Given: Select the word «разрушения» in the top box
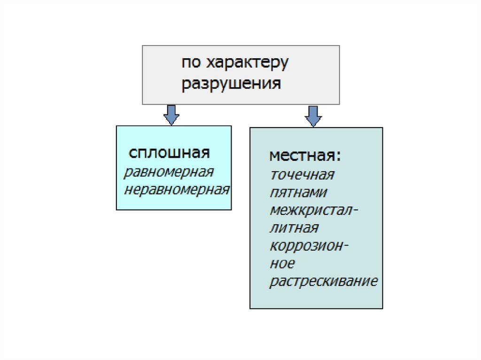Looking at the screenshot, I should pos(232,84).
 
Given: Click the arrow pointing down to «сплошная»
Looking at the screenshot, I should pos(171,114).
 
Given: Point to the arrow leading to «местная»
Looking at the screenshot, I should pos(313,115).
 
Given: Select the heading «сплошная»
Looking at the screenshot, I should pos(169,153).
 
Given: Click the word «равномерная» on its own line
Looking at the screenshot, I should pos(169,172).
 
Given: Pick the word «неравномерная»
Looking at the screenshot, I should pos(177,190).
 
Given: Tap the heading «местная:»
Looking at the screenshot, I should pos(306,156).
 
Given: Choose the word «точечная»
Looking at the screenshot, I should pos(302,175).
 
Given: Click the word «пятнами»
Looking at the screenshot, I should pos(299,192).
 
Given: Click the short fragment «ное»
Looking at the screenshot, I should pos(282,264).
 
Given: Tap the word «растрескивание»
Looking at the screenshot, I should pos(324,282).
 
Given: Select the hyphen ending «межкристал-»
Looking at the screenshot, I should pos(355,210).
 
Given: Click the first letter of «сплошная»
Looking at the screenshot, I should pos(133,153).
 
